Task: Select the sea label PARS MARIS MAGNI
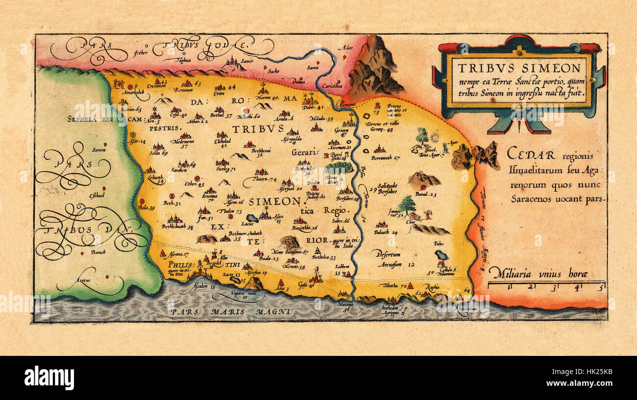(x=230, y=311)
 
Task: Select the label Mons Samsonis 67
(x=289, y=251)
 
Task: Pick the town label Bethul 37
(x=221, y=116)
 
